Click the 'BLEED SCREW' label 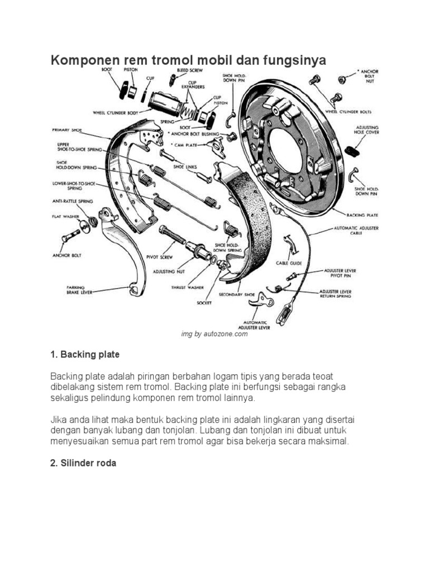189,70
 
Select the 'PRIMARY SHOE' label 66,130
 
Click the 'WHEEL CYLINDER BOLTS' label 357,112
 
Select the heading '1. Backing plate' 85,355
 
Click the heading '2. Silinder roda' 83,463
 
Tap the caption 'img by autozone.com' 214,334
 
